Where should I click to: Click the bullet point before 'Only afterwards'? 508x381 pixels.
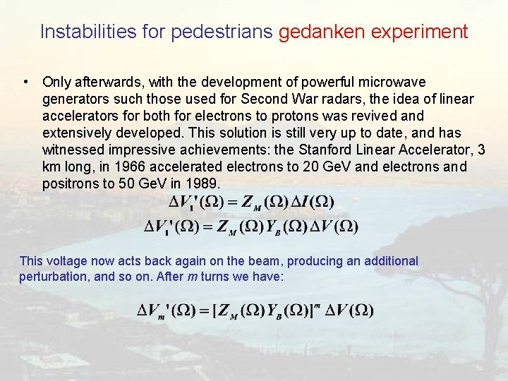25,83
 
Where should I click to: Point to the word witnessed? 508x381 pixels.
70,150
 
